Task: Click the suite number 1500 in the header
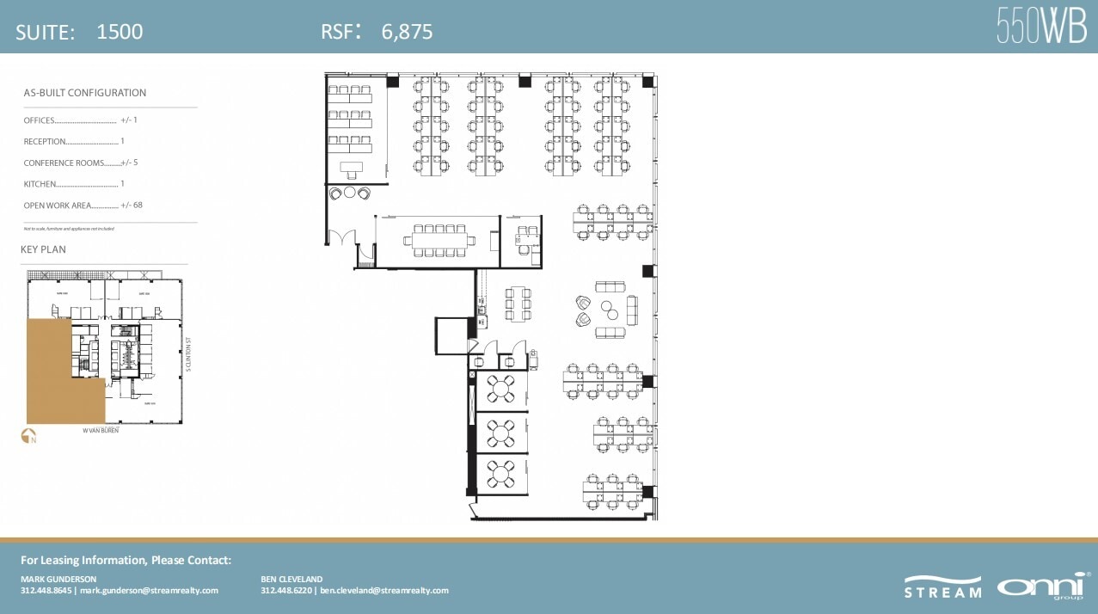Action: pyautogui.click(x=120, y=32)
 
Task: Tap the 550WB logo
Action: pyautogui.click(x=1041, y=26)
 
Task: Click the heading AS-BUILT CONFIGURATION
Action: pyautogui.click(x=84, y=93)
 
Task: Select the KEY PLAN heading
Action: pyautogui.click(x=43, y=249)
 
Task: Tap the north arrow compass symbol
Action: pyautogui.click(x=28, y=436)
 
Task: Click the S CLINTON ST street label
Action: pyautogui.click(x=187, y=354)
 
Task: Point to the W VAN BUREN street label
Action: pyautogui.click(x=101, y=430)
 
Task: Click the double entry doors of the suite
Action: pyautogui.click(x=347, y=237)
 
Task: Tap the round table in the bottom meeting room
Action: pyautogui.click(x=500, y=472)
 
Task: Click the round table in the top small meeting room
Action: pyautogui.click(x=500, y=390)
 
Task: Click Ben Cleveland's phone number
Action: pyautogui.click(x=287, y=591)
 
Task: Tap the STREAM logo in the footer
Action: pyautogui.click(x=942, y=586)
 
